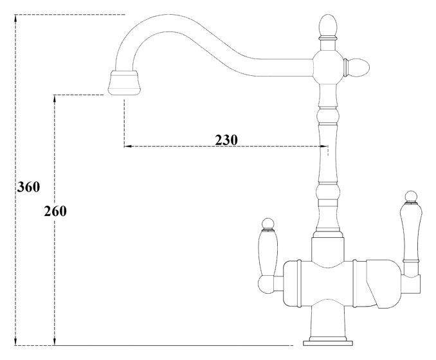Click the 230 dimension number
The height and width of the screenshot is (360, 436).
(x=226, y=139)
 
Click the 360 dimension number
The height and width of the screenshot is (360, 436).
(x=28, y=187)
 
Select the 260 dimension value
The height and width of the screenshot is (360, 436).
(x=55, y=210)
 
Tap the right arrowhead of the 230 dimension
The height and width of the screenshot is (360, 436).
(x=324, y=147)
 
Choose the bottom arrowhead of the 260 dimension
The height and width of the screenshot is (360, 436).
(x=55, y=342)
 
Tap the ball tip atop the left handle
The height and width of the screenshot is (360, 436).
(x=268, y=222)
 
